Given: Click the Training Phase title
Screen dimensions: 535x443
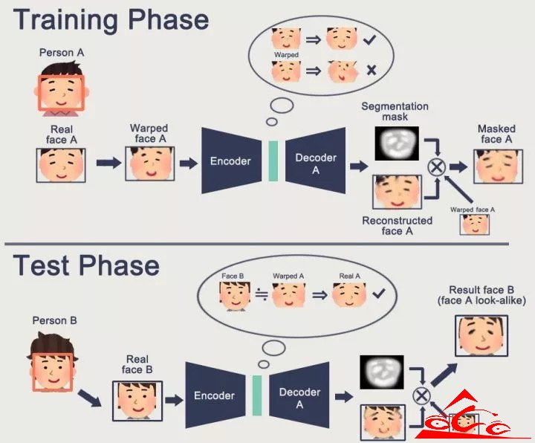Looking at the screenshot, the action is point(111,20).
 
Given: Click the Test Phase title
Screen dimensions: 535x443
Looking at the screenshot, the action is point(86,265).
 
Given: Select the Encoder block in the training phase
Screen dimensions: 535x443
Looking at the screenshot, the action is point(231,161).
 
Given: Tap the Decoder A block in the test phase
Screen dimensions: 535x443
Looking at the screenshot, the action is point(299,395).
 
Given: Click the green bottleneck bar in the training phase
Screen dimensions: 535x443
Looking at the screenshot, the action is point(273,161).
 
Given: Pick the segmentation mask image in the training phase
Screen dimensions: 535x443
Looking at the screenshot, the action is point(397,143).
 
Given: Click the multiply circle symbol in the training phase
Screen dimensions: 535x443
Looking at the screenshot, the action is point(437,167).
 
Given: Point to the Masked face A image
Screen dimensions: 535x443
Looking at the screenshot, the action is point(498,166).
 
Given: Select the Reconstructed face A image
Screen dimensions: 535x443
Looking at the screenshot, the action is point(397,192).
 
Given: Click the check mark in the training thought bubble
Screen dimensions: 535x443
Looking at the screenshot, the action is point(369,39).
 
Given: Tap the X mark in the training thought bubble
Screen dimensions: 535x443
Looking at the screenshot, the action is point(372,71).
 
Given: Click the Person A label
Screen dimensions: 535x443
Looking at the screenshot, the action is point(62,53).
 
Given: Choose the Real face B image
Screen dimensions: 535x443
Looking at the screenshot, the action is point(137,401).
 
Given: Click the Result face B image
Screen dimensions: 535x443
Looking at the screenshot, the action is point(481,336).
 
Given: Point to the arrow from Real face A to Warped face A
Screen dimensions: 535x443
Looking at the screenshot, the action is point(108,163).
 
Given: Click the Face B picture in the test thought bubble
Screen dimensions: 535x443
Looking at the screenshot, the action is point(235,296).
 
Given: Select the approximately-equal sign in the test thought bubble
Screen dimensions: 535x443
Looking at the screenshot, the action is point(262,295).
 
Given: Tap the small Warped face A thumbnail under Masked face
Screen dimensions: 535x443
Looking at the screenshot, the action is point(474,224).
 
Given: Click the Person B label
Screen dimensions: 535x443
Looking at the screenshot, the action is point(54,320).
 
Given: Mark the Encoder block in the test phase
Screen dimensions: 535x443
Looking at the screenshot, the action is point(215,395).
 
